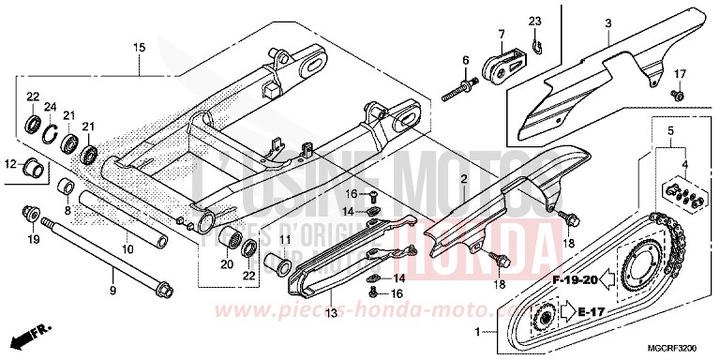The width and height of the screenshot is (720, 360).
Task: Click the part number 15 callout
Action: [138, 46]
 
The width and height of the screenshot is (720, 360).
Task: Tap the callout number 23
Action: [533, 21]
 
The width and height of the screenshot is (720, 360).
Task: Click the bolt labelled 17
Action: [678, 96]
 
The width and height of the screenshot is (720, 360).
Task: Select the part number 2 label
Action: [464, 178]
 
